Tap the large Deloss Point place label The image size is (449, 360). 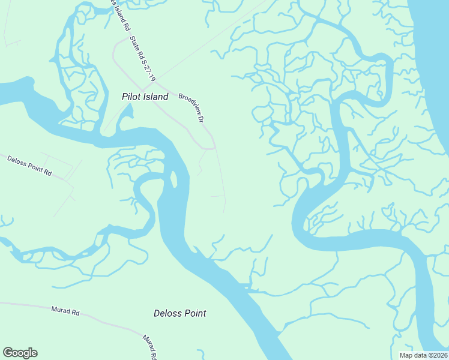click(x=179, y=313)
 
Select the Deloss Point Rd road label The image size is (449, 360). click(x=29, y=165)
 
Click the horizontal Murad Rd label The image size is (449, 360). click(x=65, y=311)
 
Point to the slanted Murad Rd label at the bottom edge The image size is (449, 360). click(x=149, y=347)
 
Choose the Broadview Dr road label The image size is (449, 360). click(x=191, y=107)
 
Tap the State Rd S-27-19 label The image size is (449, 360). click(x=143, y=59)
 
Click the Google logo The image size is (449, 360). click(x=20, y=353)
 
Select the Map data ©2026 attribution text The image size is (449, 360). click(x=423, y=355)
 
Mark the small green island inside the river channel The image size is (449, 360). click(x=175, y=178)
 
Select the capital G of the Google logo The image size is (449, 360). click(x=8, y=353)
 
